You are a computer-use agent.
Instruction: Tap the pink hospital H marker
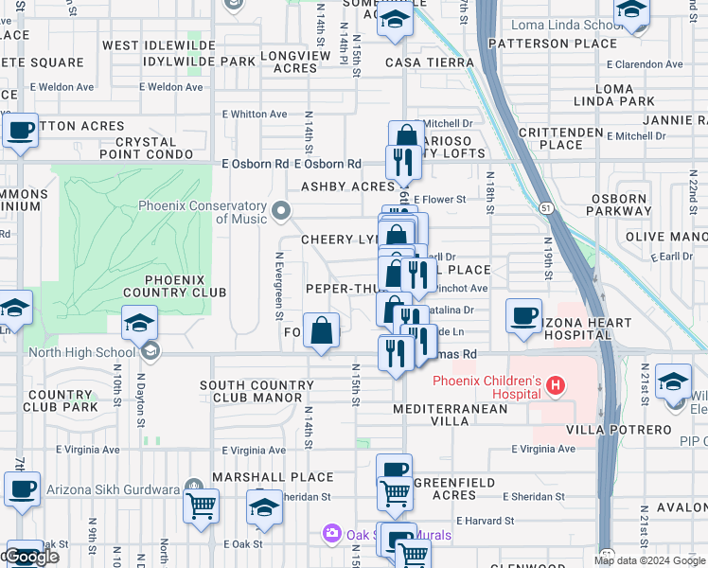pos(556,386)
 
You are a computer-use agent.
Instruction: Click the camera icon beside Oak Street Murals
pos(331,535)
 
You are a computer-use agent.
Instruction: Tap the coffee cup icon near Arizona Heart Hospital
pos(523,316)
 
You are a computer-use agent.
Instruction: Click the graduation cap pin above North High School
pos(138,325)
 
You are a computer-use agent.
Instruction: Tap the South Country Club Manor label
pos(257,391)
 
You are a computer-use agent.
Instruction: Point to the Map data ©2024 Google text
pos(648,559)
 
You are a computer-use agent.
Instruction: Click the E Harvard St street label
pos(484,521)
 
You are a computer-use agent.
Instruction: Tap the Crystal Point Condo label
pos(152,147)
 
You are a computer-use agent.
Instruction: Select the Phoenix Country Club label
pos(186,286)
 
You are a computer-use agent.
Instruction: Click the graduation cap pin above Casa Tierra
pos(394,19)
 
